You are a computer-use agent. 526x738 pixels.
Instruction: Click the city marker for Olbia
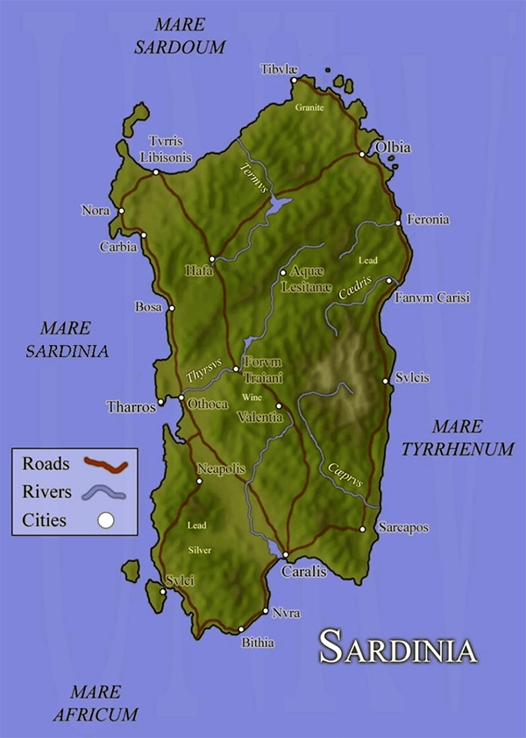pyautogui.click(x=362, y=155)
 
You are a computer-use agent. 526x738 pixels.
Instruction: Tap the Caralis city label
pyautogui.click(x=303, y=572)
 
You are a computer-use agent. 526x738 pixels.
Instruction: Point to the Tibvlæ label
pyautogui.click(x=280, y=69)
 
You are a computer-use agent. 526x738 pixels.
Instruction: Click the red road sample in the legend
pyautogui.click(x=105, y=464)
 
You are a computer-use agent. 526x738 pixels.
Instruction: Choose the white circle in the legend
pyautogui.click(x=105, y=521)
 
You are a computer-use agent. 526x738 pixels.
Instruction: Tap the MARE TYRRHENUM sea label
pyautogui.click(x=457, y=438)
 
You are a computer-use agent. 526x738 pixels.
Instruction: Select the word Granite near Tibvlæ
pyautogui.click(x=309, y=108)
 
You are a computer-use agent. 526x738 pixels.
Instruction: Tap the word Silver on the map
pyautogui.click(x=200, y=550)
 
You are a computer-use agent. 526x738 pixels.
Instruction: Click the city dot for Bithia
pyautogui.click(x=240, y=629)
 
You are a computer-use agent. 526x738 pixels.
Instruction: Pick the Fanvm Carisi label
pyautogui.click(x=432, y=298)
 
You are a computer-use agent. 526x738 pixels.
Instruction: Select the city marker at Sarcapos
pyautogui.click(x=362, y=529)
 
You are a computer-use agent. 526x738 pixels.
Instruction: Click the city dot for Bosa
pyautogui.click(x=172, y=307)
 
